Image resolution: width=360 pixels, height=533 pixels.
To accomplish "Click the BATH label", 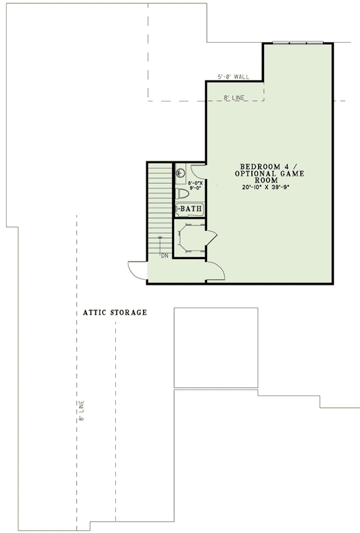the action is click(x=191, y=209).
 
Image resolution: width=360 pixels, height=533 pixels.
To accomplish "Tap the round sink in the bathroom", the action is click(x=179, y=173).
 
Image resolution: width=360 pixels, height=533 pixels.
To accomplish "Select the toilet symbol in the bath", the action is click(x=182, y=194).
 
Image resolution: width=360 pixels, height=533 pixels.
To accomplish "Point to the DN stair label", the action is click(x=164, y=256).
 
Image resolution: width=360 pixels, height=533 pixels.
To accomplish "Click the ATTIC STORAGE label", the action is click(x=115, y=312).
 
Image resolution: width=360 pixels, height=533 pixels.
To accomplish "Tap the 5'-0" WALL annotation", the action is click(x=233, y=77).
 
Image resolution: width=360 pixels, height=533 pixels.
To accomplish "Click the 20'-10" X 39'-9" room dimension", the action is click(x=268, y=187).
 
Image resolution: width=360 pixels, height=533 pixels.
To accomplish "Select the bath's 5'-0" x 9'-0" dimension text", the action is click(x=196, y=185).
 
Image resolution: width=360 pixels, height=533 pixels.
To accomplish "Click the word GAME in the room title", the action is click(x=292, y=173).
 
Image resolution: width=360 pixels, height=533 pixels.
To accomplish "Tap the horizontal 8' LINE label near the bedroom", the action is click(x=234, y=98).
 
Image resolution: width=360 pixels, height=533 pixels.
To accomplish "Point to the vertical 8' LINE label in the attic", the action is click(x=81, y=411).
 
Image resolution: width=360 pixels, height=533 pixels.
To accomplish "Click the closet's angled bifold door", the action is click(x=211, y=237).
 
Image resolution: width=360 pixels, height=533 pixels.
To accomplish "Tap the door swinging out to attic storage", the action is click(x=136, y=271).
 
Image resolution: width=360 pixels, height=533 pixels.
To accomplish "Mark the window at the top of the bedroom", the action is click(x=298, y=43).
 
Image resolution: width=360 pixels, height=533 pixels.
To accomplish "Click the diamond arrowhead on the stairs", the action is click(x=160, y=237).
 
